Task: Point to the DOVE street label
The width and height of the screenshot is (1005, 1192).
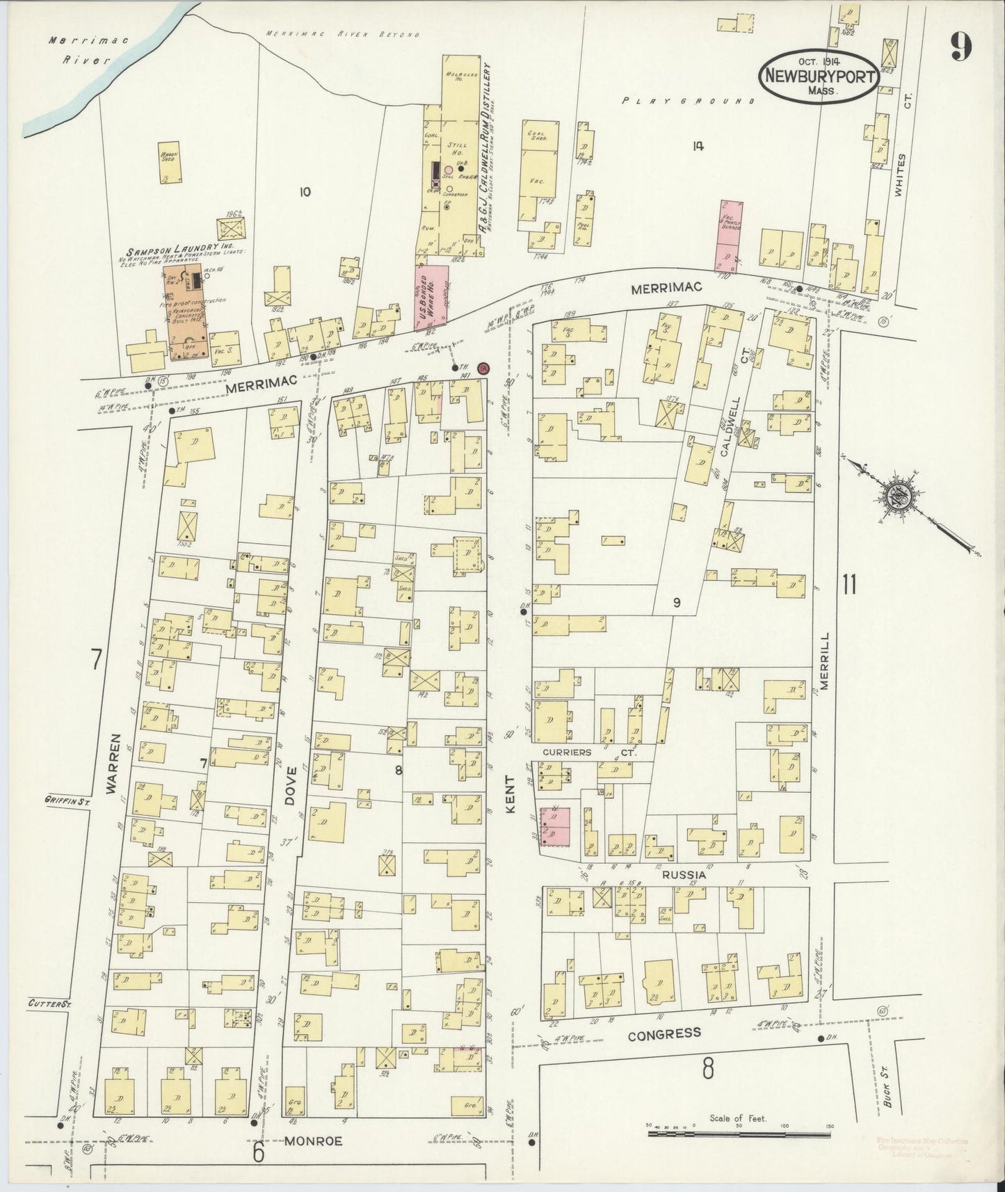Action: tap(290, 786)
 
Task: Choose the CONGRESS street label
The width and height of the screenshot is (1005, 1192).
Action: tap(664, 1034)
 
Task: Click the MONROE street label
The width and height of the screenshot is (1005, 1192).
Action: tap(314, 1141)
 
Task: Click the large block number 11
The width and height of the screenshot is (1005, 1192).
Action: tap(849, 584)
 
